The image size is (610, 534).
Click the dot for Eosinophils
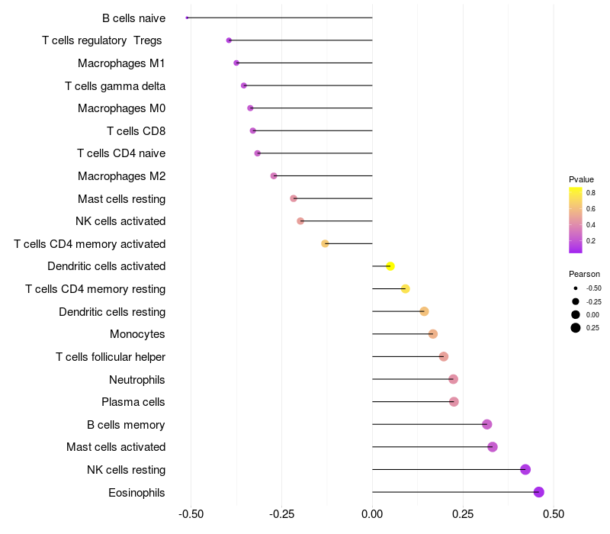pos(539,492)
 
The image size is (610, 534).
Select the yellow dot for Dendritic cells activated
pos(390,266)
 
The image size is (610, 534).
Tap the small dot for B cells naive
pos(187,18)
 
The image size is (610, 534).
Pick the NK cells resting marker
pos(525,469)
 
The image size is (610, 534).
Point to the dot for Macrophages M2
pos(274,176)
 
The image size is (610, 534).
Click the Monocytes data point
pos(433,334)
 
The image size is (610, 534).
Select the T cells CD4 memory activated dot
pos(325,243)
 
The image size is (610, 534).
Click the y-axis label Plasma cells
pos(133,402)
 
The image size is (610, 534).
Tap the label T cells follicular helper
pos(111,357)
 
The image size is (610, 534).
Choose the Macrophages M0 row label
pos(122,108)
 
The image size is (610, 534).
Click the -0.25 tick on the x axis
pos(281,514)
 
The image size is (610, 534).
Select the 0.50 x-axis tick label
pos(554,514)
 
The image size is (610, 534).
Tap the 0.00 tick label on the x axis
pos(372,514)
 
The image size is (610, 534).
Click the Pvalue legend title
pos(581,179)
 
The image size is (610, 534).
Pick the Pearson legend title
pos(584,274)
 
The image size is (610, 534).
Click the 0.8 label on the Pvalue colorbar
pos(591,193)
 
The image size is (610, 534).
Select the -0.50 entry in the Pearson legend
pos(593,288)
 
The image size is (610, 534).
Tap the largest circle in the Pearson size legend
pos(575,328)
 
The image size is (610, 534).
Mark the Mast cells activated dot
pos(493,447)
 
